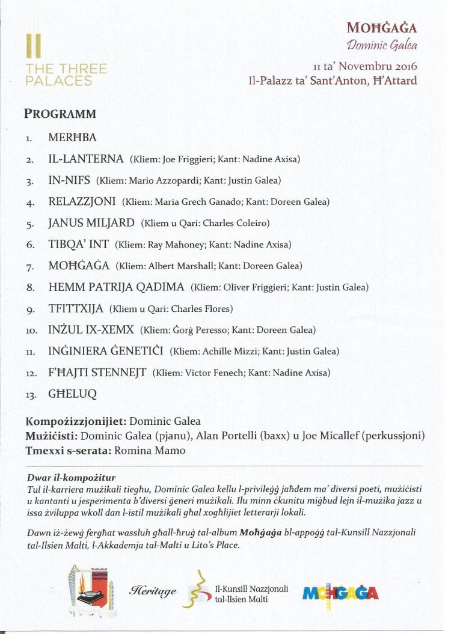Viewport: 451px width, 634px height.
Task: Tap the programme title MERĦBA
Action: click(x=72, y=138)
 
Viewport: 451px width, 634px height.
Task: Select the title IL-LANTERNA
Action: click(x=86, y=159)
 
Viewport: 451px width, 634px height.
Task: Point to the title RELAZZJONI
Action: click(x=82, y=201)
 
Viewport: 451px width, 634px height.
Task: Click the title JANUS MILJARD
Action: click(x=91, y=223)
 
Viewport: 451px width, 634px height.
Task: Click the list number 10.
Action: click(x=31, y=331)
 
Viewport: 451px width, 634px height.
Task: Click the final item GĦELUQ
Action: click(x=72, y=394)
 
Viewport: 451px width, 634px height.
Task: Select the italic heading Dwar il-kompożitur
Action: click(x=71, y=477)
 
